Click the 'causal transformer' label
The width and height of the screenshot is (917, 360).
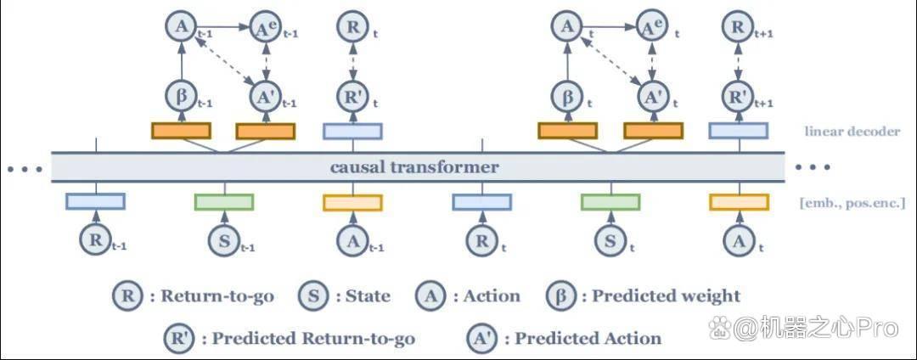click(414, 168)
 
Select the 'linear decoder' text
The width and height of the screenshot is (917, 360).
click(852, 131)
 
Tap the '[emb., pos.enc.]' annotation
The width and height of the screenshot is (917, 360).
click(852, 204)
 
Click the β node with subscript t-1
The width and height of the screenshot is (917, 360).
click(181, 95)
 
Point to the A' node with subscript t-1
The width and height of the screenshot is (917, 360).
click(266, 95)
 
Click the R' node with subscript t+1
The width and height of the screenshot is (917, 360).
click(738, 95)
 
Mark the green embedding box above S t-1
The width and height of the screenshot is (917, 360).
click(224, 202)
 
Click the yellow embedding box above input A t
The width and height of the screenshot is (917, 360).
click(740, 202)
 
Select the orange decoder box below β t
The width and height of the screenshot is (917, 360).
click(567, 131)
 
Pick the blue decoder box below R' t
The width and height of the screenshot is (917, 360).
click(352, 131)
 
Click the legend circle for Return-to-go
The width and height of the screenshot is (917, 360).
click(127, 295)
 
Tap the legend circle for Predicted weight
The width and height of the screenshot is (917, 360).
click(560, 295)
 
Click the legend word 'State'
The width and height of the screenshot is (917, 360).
click(368, 295)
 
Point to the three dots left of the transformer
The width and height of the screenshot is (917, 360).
click(25, 170)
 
